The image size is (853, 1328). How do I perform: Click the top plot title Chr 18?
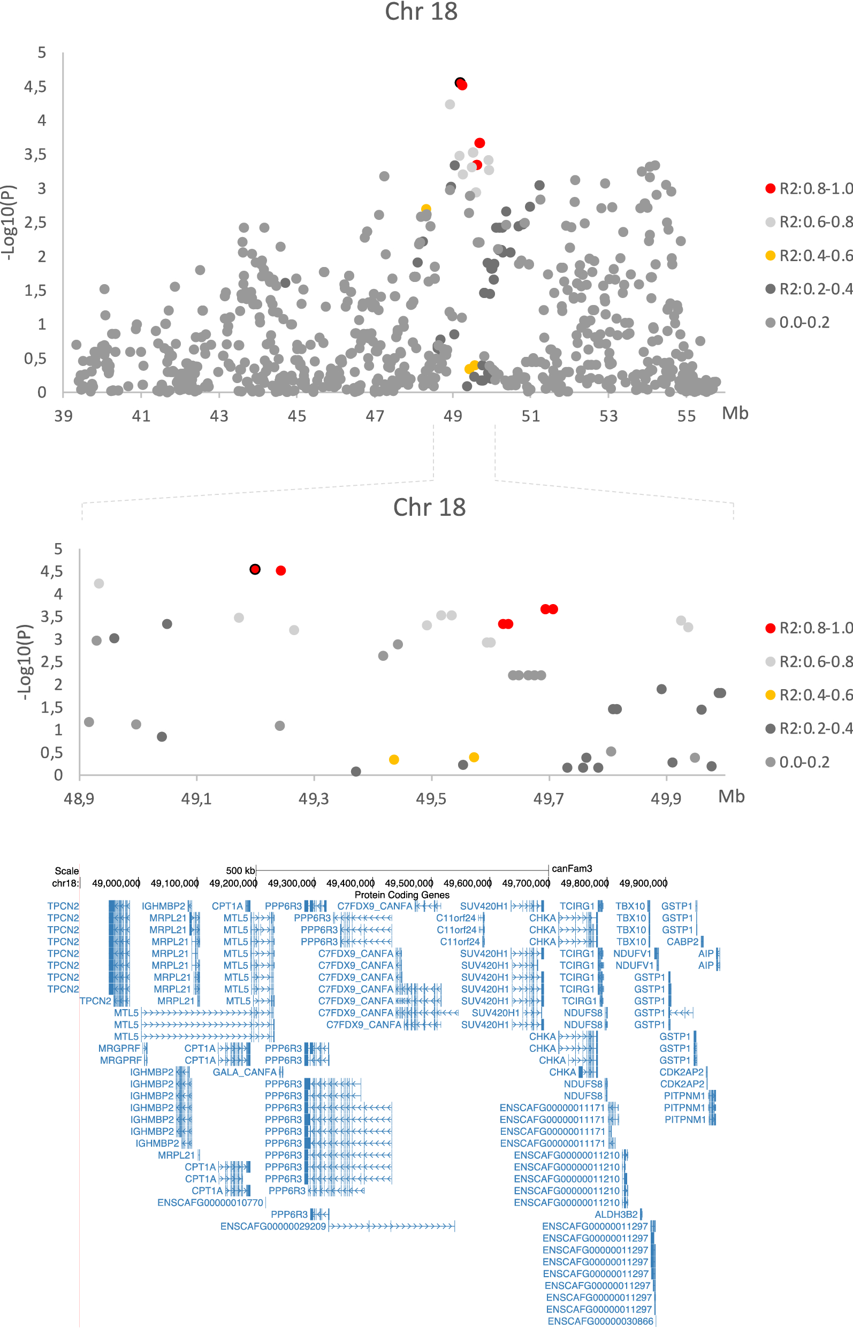tap(421, 12)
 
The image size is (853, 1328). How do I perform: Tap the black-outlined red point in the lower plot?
tap(255, 569)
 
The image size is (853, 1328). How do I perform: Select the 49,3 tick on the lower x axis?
tap(314, 799)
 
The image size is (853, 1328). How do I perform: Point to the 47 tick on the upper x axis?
tap(375, 416)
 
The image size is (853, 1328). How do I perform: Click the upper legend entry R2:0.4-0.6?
tap(815, 255)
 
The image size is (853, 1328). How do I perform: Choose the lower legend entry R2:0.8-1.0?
tap(815, 628)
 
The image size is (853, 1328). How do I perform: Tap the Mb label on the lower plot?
tap(731, 796)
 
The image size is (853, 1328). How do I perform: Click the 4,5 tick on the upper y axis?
tap(35, 86)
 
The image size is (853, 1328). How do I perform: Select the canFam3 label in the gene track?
tap(572, 868)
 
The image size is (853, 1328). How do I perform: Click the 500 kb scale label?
tap(240, 871)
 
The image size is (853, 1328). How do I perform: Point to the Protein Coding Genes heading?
tap(401, 895)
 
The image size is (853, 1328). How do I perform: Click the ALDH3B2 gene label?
tap(616, 1215)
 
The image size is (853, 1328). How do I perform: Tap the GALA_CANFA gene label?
tap(244, 1072)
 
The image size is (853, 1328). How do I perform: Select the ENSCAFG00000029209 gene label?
tap(273, 1226)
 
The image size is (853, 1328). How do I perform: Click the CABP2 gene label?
tap(682, 942)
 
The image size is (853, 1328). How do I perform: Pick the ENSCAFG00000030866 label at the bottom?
tap(600, 1321)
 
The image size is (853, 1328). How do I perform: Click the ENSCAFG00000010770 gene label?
tap(210, 1202)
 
